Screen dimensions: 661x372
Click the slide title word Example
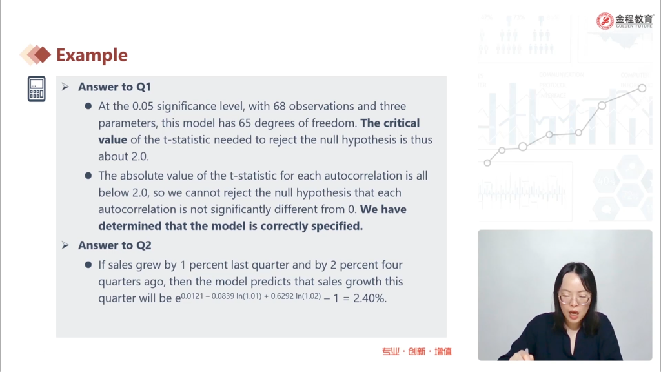point(92,56)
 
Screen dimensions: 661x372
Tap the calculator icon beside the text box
point(37,89)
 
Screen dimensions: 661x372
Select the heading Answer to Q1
point(114,87)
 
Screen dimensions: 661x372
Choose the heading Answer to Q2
point(114,245)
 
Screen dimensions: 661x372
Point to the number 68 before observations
point(279,107)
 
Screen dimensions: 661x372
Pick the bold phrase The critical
point(390,123)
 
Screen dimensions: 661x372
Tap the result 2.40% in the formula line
point(370,298)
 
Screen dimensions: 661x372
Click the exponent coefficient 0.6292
point(282,296)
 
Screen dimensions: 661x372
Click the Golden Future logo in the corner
point(624,21)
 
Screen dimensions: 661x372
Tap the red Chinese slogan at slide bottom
point(416,351)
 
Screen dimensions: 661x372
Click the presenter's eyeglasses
point(574,298)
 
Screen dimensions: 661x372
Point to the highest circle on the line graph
point(642,88)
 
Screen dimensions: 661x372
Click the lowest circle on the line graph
point(487,163)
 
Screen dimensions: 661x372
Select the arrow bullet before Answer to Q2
point(65,245)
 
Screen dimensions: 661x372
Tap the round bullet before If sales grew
point(88,265)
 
